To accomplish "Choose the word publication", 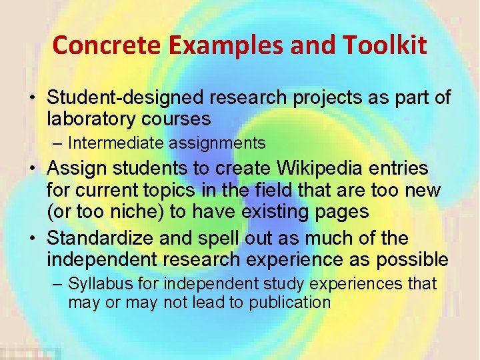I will click(x=290, y=302).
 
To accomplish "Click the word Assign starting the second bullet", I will click(x=76, y=169).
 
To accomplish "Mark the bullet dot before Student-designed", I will click(x=32, y=99).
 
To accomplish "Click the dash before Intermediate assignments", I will click(x=59, y=143).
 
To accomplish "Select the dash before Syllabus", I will click(x=59, y=284).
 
